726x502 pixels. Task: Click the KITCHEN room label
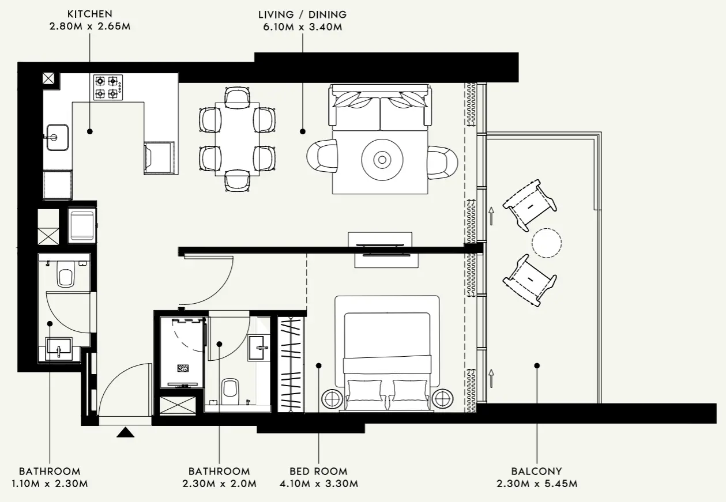click(89, 14)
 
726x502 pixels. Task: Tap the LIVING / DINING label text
click(302, 14)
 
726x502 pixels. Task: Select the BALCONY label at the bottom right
click(536, 471)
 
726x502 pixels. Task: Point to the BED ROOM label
click(318, 471)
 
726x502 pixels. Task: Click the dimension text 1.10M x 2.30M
click(50, 484)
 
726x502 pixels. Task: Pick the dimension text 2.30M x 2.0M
click(219, 484)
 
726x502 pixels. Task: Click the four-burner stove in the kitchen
click(108, 87)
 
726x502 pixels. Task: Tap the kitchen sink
click(56, 137)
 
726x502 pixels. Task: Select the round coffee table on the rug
click(381, 159)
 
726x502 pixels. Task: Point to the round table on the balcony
click(546, 243)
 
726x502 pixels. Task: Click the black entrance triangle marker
click(125, 432)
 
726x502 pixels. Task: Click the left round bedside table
click(333, 398)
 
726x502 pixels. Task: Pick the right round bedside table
click(442, 398)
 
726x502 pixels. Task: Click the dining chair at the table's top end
click(237, 96)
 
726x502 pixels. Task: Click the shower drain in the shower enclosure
click(184, 368)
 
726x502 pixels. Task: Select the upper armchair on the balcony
click(529, 204)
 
